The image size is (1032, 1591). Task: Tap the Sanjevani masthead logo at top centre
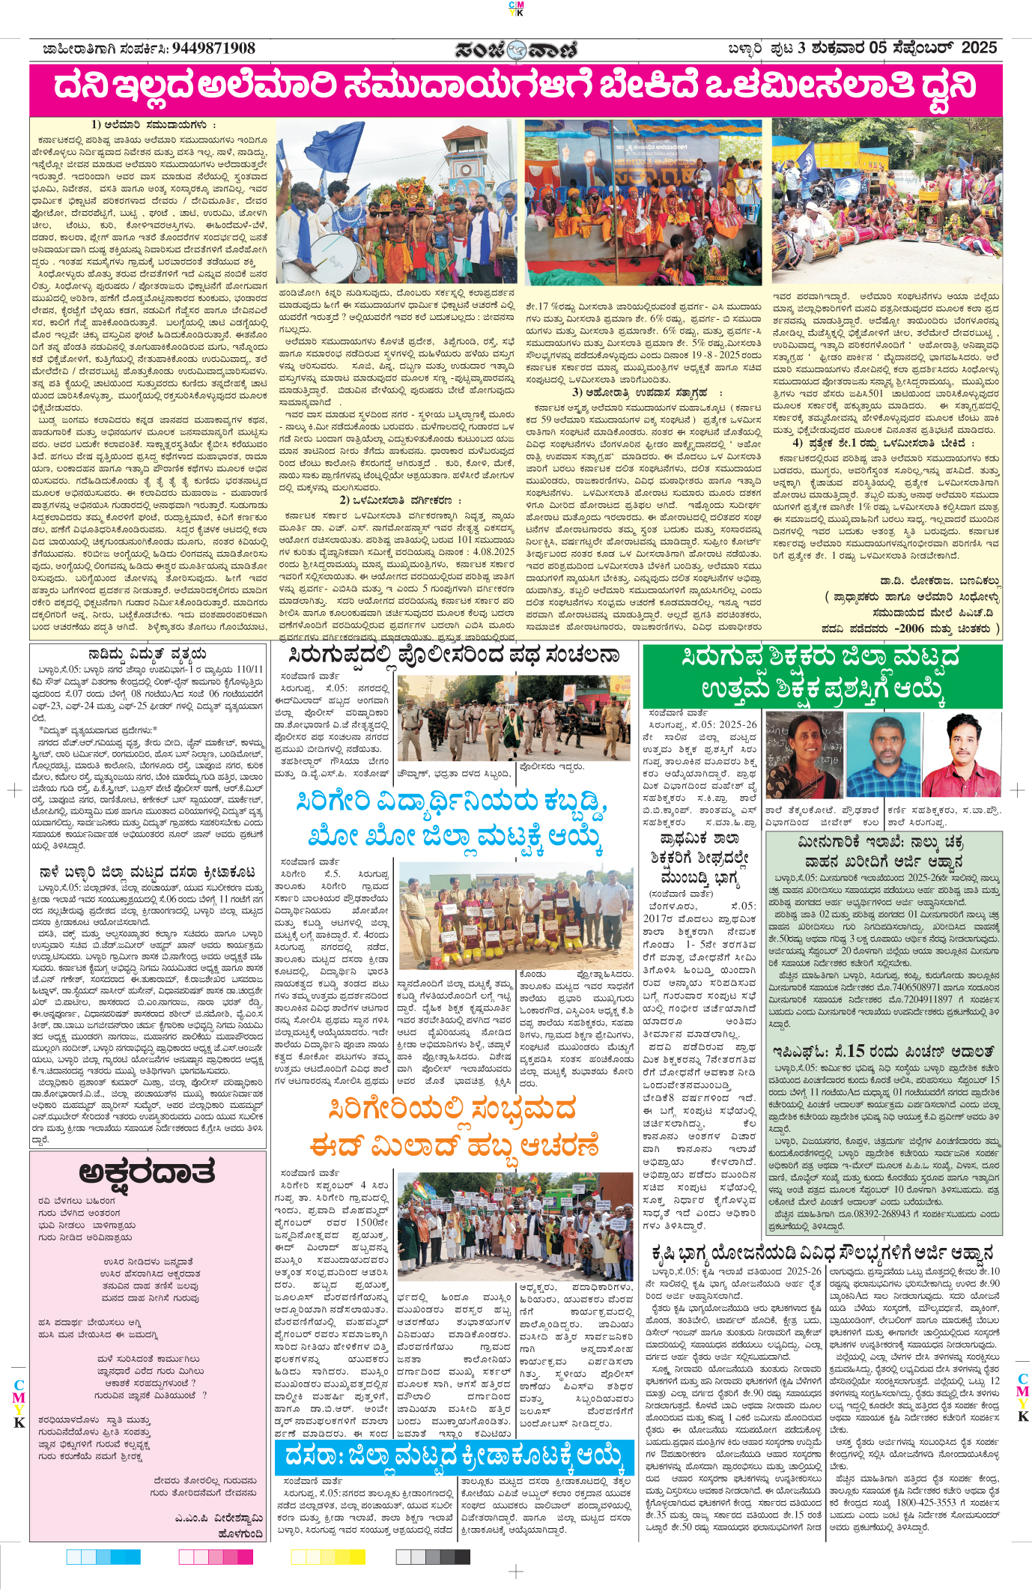(x=516, y=49)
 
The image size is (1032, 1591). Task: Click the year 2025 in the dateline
(x=979, y=48)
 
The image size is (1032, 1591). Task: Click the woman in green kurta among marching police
(x=512, y=729)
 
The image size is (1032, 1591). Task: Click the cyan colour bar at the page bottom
(x=103, y=1557)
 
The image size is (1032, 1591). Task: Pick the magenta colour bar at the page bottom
(x=216, y=1557)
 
